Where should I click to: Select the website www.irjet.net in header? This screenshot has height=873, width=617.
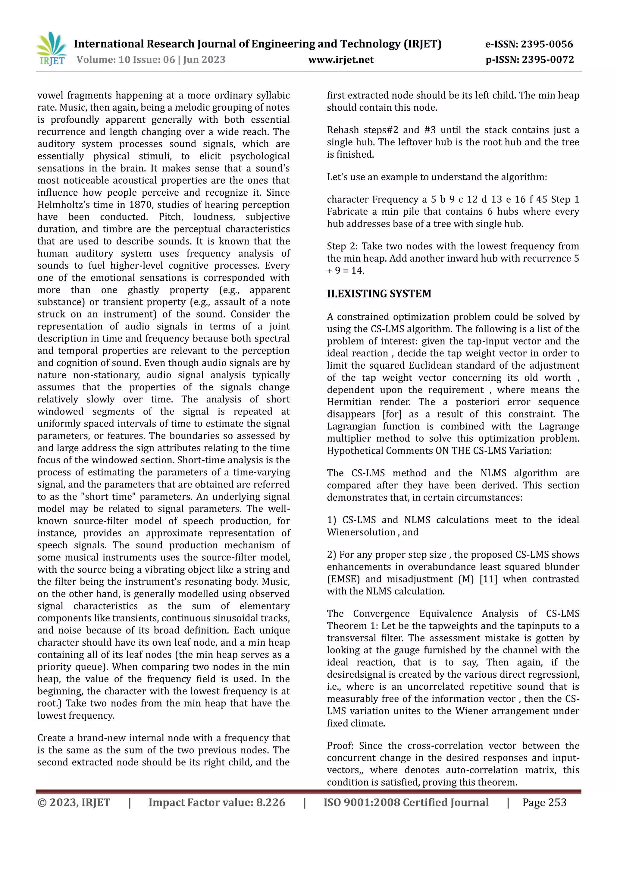[341, 60]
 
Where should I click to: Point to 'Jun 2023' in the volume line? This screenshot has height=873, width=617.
[204, 60]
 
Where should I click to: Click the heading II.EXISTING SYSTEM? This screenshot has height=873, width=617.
[379, 294]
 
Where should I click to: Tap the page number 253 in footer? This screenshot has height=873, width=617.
[557, 802]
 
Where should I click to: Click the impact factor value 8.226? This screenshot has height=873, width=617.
[271, 802]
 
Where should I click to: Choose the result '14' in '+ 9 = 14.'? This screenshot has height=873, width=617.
[357, 271]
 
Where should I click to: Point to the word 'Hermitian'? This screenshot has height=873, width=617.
[349, 402]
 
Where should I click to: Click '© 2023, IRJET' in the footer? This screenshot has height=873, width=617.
[74, 802]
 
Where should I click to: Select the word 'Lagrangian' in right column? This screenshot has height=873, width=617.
[352, 426]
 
